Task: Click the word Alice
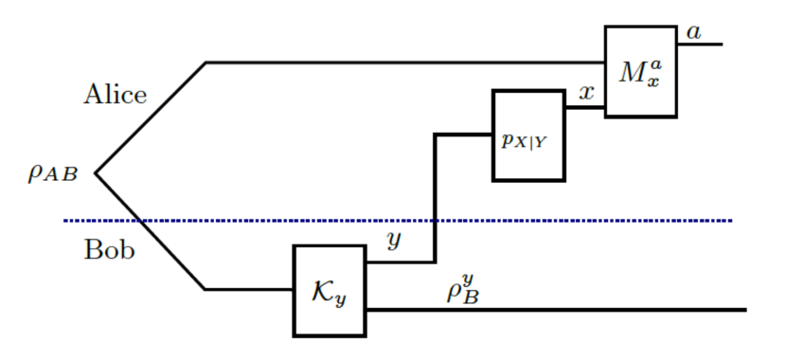[116, 95]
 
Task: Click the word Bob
[109, 250]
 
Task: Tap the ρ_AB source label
[52, 172]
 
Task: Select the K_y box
[330, 290]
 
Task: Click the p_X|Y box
[528, 135]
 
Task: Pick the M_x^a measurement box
[640, 72]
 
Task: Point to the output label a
[694, 32]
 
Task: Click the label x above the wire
[587, 92]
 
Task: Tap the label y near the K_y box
[394, 241]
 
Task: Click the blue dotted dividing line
[568, 221]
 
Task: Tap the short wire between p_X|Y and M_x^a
[585, 107]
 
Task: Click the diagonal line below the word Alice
[152, 118]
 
